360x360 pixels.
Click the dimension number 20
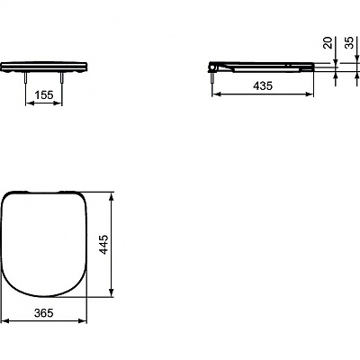tap(325, 43)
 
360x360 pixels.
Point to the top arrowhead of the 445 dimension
tap(112, 194)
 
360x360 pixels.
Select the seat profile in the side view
tap(265, 66)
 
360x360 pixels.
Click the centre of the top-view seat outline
tap(45, 243)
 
